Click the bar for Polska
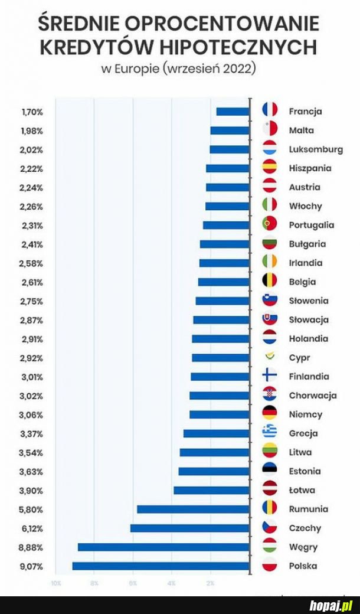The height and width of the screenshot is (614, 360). click(x=161, y=566)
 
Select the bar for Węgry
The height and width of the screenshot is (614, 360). click(x=163, y=547)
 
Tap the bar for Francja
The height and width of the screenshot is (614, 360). click(x=233, y=112)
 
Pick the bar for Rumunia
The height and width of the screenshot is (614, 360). click(x=193, y=510)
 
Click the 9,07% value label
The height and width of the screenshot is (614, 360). click(x=32, y=566)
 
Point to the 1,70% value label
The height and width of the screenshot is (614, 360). click(x=32, y=112)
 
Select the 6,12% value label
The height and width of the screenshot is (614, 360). click(x=32, y=528)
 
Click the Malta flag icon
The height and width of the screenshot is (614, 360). click(x=270, y=130)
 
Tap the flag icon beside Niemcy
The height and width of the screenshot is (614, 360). click(x=270, y=414)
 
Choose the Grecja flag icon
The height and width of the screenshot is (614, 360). click(x=270, y=433)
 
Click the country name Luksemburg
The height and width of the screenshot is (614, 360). click(x=316, y=149)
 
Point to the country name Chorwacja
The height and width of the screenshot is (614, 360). click(x=313, y=396)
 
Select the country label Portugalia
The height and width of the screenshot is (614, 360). click(x=312, y=225)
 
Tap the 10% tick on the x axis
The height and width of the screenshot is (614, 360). click(x=55, y=583)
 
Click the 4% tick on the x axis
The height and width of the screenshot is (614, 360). click(x=171, y=583)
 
